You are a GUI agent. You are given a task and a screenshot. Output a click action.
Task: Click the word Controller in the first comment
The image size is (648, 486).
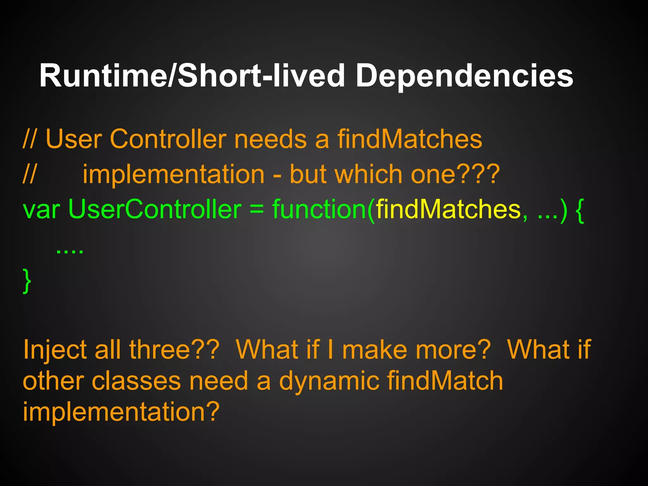click(x=168, y=139)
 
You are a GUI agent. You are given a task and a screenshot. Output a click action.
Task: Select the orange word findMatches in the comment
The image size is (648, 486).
click(x=409, y=139)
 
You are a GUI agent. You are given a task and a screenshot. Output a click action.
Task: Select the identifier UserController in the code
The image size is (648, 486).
click(x=155, y=209)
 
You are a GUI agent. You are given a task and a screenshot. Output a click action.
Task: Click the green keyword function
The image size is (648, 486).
click(x=320, y=209)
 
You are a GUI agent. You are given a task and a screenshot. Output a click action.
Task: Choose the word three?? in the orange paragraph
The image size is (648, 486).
click(x=174, y=350)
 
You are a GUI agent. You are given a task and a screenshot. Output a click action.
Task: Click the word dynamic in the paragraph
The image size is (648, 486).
click(x=329, y=381)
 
